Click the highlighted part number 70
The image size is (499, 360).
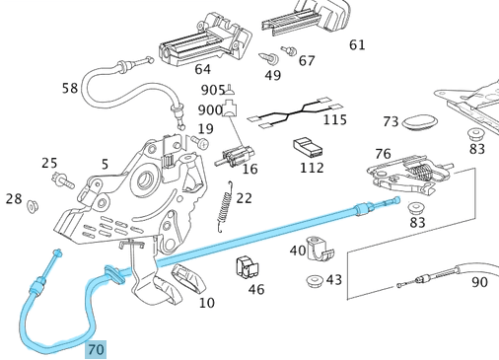click(x=96, y=349)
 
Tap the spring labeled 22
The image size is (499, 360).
click(x=226, y=206)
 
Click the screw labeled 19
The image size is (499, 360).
click(x=200, y=142)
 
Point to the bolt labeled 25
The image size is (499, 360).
click(x=63, y=180)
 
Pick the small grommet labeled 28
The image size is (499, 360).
click(x=33, y=206)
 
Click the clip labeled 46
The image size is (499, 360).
click(x=248, y=267)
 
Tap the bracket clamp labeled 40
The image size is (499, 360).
click(x=320, y=249)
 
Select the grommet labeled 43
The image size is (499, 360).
click(x=315, y=281)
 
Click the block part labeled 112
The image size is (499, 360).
click(x=309, y=147)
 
